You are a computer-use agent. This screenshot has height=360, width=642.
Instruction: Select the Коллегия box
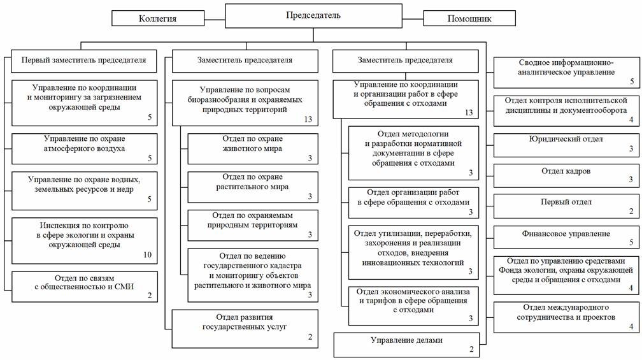pos(166,18)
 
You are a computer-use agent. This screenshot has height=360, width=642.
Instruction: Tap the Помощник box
pos(470,18)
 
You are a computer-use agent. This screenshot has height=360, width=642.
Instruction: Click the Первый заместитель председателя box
pos(83,61)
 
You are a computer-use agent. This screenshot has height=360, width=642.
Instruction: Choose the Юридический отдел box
pos(566,144)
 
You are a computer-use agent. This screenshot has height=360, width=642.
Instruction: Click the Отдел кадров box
pos(566,176)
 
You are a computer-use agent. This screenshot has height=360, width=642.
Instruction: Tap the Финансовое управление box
pos(566,239)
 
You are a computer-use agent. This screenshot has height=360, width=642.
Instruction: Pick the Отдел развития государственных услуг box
pos(245,328)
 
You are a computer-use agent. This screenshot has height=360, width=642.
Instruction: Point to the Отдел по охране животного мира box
pos(252,148)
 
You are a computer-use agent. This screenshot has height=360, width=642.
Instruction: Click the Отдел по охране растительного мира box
pos(252,187)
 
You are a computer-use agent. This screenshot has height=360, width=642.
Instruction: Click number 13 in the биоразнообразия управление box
pos(309,119)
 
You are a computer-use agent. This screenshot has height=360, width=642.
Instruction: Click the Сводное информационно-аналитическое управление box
pos(566,72)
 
